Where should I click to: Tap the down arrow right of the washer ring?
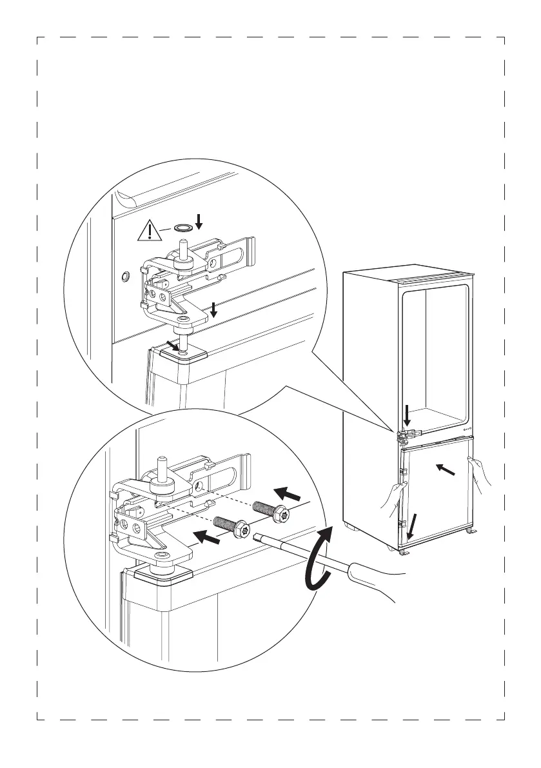click(x=199, y=222)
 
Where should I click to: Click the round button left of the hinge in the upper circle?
click(x=125, y=277)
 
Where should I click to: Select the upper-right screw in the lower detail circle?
click(x=270, y=509)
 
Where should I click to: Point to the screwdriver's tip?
click(x=259, y=537)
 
